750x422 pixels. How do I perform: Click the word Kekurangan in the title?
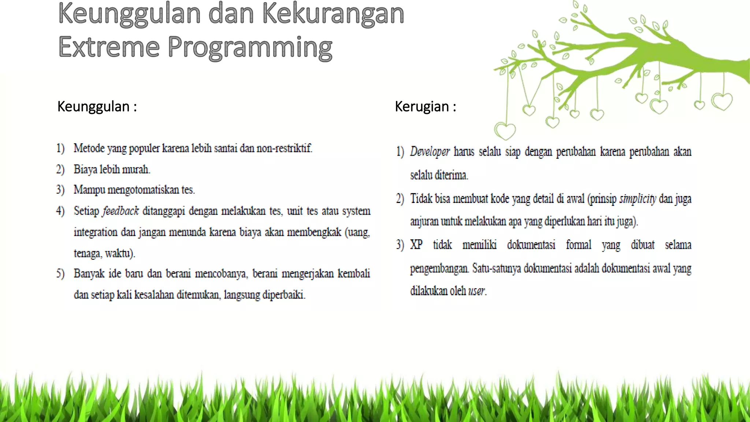tap(333, 14)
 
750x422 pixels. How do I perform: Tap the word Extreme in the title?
tap(109, 47)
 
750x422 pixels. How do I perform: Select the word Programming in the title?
tap(250, 48)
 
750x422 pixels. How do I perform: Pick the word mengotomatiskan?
tap(143, 190)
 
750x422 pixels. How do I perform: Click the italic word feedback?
tap(120, 211)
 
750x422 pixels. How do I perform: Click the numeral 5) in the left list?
tap(60, 274)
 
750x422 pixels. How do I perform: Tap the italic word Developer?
tap(430, 152)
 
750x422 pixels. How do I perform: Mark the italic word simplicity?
tap(638, 199)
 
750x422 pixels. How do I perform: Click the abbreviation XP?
tap(416, 244)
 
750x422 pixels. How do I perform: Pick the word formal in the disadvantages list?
tap(578, 244)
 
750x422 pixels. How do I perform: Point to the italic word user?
tap(476, 291)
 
